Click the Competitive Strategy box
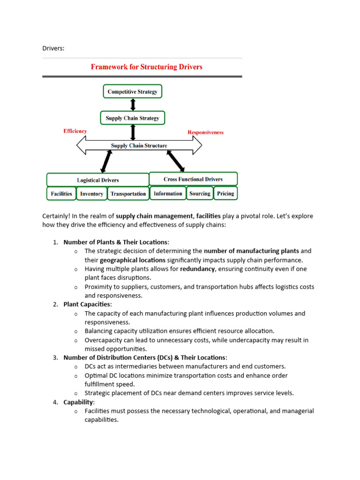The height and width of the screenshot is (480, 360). coord(133,91)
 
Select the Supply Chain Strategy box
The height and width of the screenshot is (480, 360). coord(133,118)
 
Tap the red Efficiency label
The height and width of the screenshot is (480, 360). coord(75,131)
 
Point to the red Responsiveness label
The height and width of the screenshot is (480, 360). coord(205,132)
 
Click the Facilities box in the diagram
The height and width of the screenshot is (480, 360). coord(61,194)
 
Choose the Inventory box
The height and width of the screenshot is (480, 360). coord(92,194)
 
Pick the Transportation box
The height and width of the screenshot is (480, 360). coord(128,194)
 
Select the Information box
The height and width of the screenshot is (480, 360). coord(168,193)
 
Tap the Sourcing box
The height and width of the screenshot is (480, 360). coord(200,193)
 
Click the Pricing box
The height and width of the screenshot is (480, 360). coord(225,193)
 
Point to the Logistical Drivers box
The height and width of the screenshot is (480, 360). coord(97,180)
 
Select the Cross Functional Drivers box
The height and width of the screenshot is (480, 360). coord(193,179)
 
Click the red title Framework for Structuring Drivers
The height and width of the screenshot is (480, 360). coord(146,67)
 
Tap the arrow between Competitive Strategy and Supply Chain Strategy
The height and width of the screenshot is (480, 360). coord(133,105)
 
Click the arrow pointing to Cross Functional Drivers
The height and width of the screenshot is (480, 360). coord(176,162)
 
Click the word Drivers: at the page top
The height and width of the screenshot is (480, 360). coord(53,48)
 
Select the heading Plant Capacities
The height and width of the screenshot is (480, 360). coord(87,304)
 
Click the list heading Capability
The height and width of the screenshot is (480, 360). coord(78,402)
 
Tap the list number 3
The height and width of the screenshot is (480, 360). coord(55,358)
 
